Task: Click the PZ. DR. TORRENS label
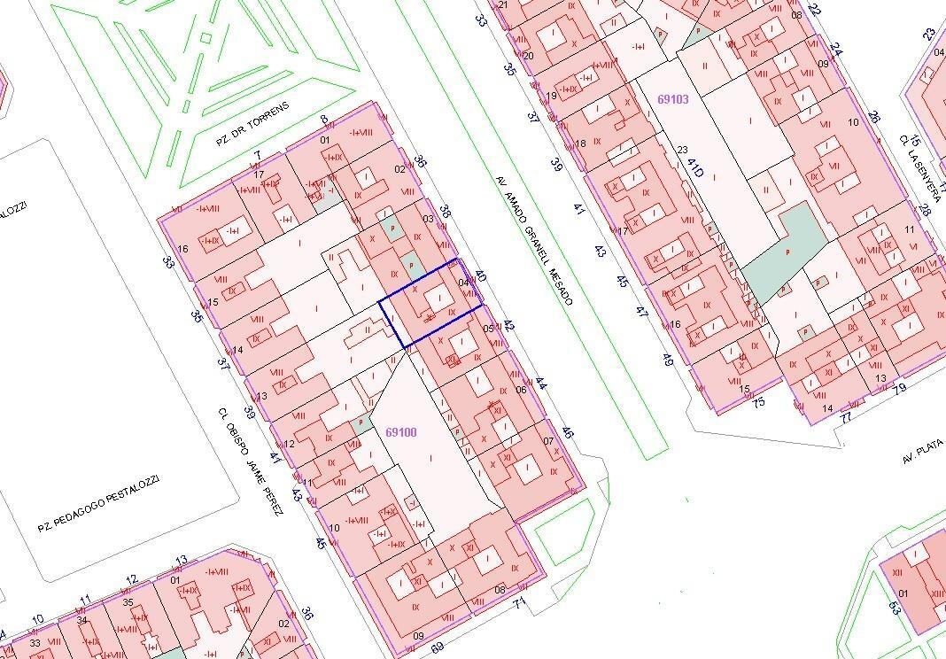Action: [x=253, y=124]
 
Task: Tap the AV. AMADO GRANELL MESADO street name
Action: [x=534, y=239]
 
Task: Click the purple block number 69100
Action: [x=401, y=432]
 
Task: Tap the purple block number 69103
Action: [x=673, y=100]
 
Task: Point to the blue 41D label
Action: [x=695, y=166]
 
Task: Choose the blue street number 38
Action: [x=446, y=213]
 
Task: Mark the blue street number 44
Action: [x=541, y=384]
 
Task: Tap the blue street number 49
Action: [x=667, y=361]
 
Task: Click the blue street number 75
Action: [x=758, y=403]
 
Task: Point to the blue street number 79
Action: [x=900, y=387]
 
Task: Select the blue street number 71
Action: [x=519, y=603]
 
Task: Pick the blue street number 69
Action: [x=437, y=648]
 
